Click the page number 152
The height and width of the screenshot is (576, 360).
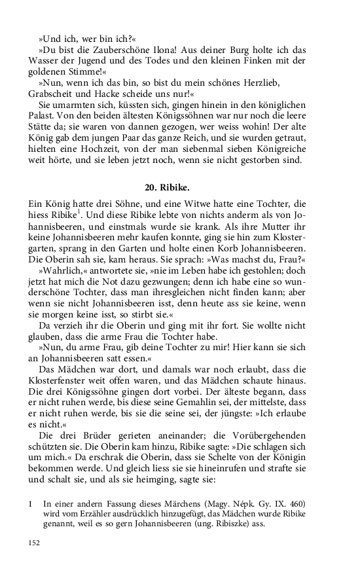pos(33,543)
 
